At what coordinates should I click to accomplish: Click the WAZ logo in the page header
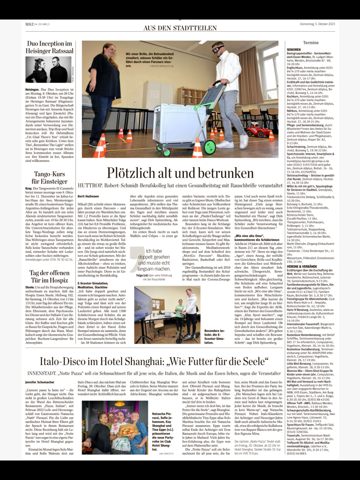(29, 24)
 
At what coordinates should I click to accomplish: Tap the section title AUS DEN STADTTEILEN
(180, 28)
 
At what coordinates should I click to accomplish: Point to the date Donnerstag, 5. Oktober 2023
(317, 24)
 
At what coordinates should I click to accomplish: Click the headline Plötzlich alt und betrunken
(180, 173)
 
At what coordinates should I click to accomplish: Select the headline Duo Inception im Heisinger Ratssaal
(50, 47)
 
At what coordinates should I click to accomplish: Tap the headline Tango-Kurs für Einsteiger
(50, 178)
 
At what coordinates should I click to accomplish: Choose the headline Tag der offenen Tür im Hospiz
(50, 276)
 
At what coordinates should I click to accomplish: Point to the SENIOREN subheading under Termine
(294, 49)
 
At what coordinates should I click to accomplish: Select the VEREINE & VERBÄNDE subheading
(301, 267)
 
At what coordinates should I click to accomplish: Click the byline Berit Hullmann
(88, 196)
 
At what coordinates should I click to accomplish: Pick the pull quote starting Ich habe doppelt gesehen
(154, 260)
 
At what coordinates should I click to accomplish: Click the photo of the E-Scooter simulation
(167, 315)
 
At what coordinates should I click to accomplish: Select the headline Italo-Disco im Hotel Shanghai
(154, 361)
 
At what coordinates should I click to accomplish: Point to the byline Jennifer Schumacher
(40, 382)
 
